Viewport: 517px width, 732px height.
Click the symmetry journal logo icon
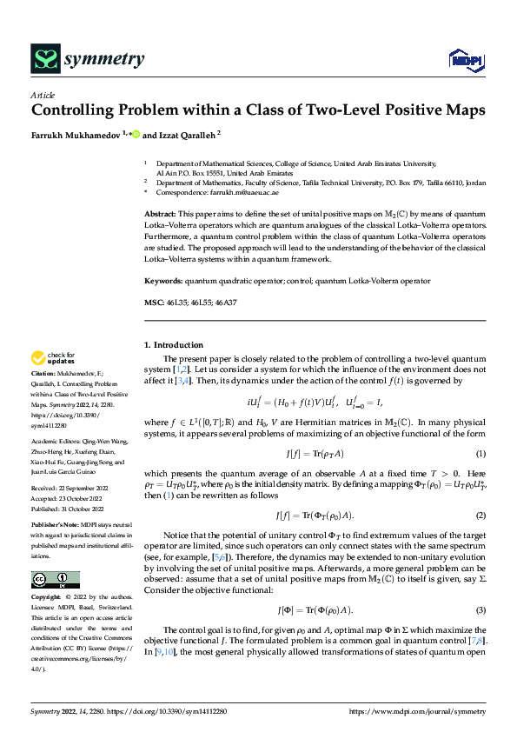(43, 58)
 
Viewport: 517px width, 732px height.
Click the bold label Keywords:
(162, 280)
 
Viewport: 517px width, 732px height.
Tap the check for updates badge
(53, 358)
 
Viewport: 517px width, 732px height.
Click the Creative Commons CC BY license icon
(56, 580)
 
